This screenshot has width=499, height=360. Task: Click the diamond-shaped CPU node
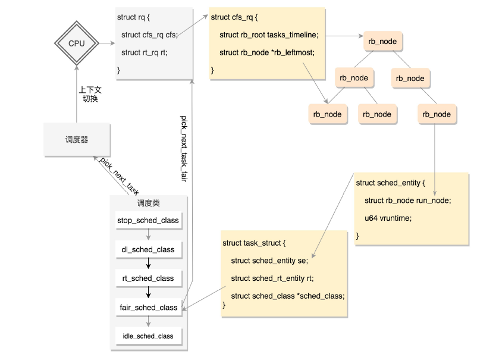click(x=77, y=43)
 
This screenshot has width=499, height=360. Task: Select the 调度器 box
click(x=77, y=140)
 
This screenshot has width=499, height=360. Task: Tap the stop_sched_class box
click(x=148, y=220)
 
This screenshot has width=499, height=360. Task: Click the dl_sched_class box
click(x=148, y=249)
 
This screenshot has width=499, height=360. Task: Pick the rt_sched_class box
click(x=148, y=278)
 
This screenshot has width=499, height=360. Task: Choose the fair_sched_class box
click(x=148, y=308)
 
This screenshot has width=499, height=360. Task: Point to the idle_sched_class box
click(x=148, y=336)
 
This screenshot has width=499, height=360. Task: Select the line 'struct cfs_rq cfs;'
click(x=149, y=35)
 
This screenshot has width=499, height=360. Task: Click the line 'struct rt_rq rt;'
click(x=144, y=52)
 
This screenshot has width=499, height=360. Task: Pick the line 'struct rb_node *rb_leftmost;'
click(x=266, y=52)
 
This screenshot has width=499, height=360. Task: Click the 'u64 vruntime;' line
click(x=388, y=218)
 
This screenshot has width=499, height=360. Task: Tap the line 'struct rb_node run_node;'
click(x=407, y=200)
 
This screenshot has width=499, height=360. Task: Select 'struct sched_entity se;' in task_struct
click(x=269, y=261)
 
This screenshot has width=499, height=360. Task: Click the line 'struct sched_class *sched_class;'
click(x=288, y=296)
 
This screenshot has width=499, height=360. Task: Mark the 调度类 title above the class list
click(x=148, y=203)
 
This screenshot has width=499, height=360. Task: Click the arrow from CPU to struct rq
click(x=106, y=43)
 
